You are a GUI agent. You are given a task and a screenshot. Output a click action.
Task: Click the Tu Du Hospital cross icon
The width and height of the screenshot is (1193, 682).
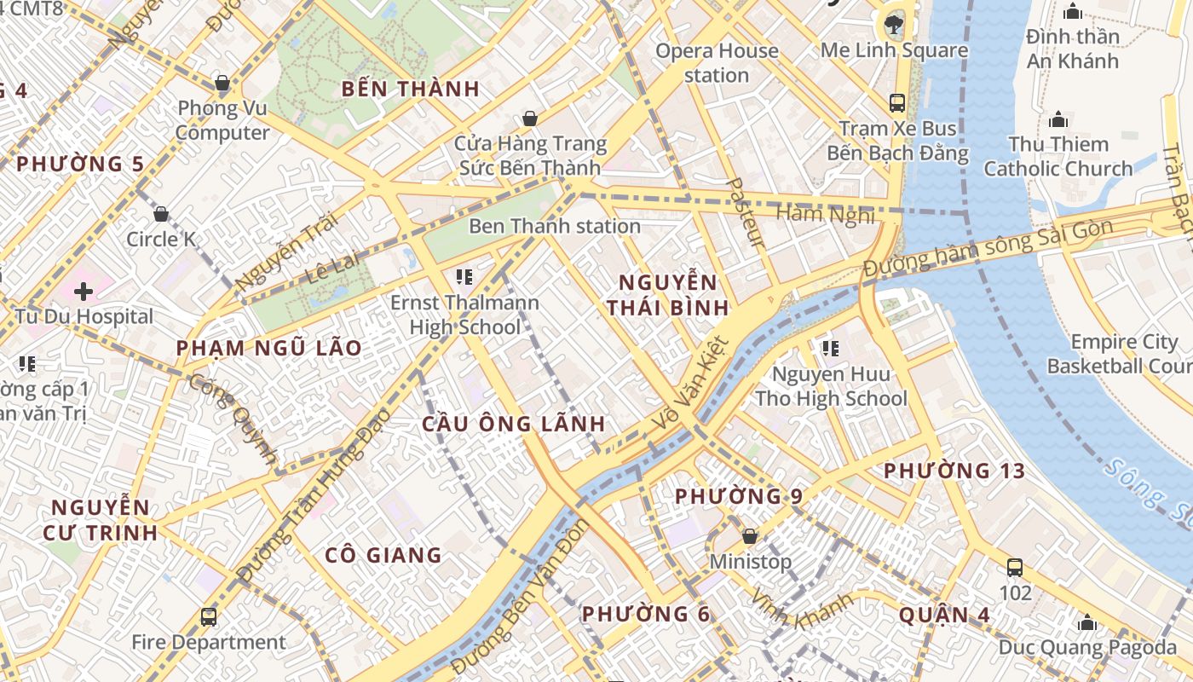point(84,292)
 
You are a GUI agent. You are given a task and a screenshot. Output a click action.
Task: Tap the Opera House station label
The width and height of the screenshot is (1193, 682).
point(717,63)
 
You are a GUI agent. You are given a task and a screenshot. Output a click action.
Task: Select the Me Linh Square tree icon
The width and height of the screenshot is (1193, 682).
point(894,23)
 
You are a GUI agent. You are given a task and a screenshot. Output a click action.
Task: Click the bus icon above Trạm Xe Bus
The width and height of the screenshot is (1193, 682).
point(897,103)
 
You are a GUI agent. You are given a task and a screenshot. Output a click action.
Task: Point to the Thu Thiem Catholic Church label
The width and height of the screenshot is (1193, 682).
point(1058,156)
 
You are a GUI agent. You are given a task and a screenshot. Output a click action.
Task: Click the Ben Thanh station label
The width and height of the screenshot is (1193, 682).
point(555,226)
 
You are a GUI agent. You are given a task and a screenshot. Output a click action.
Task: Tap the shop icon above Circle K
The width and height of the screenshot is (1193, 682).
point(160,214)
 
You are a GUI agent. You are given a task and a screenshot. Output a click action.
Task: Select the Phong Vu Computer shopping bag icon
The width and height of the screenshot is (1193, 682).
point(222,84)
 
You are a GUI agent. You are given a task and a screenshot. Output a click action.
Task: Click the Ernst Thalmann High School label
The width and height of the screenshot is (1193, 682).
point(464,315)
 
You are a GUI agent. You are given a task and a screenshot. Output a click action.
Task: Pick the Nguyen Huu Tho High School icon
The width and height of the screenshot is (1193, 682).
point(831,348)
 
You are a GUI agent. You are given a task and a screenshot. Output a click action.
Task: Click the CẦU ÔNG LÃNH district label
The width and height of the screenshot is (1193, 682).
point(514,424)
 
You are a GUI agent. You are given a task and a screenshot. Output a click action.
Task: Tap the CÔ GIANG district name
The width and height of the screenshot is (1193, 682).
point(383,556)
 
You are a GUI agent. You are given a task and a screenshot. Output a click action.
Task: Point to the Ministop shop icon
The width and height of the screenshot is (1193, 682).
point(750,536)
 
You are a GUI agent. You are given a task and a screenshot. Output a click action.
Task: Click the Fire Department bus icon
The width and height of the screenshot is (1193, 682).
point(209,616)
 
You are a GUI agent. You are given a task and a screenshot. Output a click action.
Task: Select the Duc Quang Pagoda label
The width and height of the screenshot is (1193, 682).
point(1087,647)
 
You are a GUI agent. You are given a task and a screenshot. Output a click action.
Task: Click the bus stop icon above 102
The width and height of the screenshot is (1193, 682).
point(1014,568)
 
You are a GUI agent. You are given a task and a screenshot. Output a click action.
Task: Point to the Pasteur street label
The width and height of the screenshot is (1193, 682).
point(744,212)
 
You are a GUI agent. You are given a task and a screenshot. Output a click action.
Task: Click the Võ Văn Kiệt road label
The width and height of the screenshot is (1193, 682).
point(690,384)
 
